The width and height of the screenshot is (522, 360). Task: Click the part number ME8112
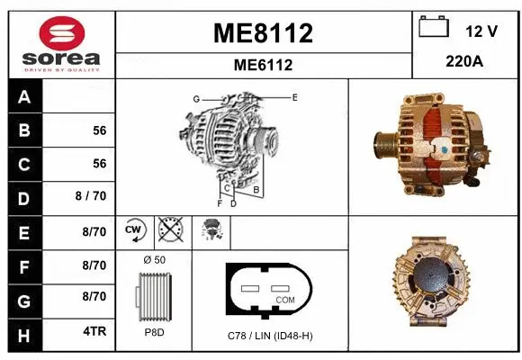263,33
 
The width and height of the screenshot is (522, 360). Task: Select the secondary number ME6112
263,65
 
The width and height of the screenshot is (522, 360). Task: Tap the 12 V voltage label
481,31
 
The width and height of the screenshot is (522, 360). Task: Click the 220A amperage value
465,63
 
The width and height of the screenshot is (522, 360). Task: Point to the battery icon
435,28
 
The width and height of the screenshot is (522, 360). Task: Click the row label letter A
23,97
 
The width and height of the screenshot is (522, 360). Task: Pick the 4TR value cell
94,331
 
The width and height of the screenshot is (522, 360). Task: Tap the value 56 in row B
99,130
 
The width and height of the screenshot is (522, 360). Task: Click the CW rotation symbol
134,230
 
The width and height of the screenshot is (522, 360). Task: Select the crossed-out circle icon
169,230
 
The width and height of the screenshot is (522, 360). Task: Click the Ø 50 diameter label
154,259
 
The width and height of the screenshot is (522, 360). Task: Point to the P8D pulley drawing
153,298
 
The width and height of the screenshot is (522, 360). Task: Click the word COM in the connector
285,299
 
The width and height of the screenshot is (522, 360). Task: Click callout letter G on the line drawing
195,98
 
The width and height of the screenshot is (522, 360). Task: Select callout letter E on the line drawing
294,95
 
